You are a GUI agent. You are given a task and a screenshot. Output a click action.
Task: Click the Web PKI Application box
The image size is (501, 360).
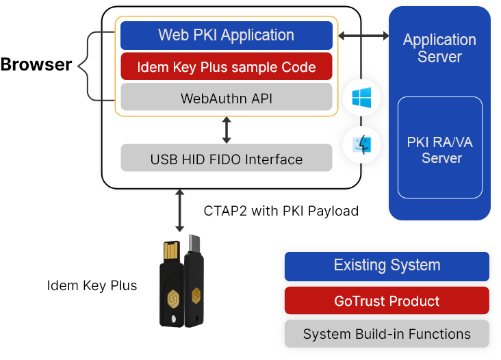click(226, 35)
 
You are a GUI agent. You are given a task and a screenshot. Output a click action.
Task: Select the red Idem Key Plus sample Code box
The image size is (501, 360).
click(226, 67)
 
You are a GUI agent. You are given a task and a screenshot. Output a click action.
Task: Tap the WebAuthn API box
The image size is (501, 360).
click(226, 98)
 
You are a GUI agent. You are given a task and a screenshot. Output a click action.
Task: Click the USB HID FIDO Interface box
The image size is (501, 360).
click(226, 159)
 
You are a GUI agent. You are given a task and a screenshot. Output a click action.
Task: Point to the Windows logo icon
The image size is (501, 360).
click(361, 99)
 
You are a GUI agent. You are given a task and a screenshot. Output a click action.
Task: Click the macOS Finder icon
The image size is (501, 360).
click(361, 144)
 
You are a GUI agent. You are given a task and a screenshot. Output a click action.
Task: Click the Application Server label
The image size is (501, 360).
click(439, 48)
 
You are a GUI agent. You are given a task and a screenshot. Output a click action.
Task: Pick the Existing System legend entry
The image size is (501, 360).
click(387, 266)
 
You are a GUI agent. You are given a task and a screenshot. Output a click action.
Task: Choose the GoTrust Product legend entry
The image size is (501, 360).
click(387, 300)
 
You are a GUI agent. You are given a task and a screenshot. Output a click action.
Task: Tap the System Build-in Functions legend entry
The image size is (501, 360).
click(387, 335)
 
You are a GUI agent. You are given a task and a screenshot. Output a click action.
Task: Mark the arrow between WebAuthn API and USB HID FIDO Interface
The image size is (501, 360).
click(227, 128)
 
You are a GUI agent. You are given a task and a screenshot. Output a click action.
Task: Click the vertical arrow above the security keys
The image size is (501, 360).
click(180, 210)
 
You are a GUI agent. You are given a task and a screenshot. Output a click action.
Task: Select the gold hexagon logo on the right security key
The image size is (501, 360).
click(196, 296)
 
